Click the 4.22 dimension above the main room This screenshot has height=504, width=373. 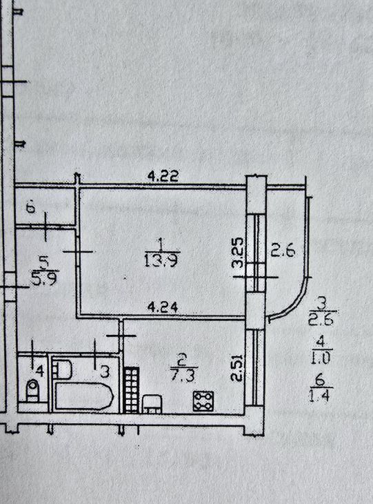[x=163, y=176]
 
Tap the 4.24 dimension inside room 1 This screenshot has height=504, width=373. [x=162, y=308]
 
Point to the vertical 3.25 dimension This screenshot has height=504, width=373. [x=238, y=253]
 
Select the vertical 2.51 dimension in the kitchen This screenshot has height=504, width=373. [x=236, y=368]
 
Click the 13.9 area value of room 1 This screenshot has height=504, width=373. [x=161, y=261]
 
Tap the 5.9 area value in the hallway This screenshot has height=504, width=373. [x=44, y=278]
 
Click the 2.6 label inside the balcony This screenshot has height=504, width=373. [x=283, y=251]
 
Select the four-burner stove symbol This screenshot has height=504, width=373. [x=203, y=401]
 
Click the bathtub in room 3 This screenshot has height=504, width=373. [x=84, y=396]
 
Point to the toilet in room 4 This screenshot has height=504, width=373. [x=32, y=390]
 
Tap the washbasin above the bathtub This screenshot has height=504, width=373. [x=62, y=369]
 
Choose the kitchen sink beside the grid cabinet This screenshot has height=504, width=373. [x=152, y=404]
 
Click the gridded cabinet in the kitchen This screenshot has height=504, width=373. [x=132, y=390]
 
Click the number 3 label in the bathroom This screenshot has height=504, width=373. [x=105, y=372]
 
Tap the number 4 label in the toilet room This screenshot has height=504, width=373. [x=40, y=371]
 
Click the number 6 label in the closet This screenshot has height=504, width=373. [x=31, y=209]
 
